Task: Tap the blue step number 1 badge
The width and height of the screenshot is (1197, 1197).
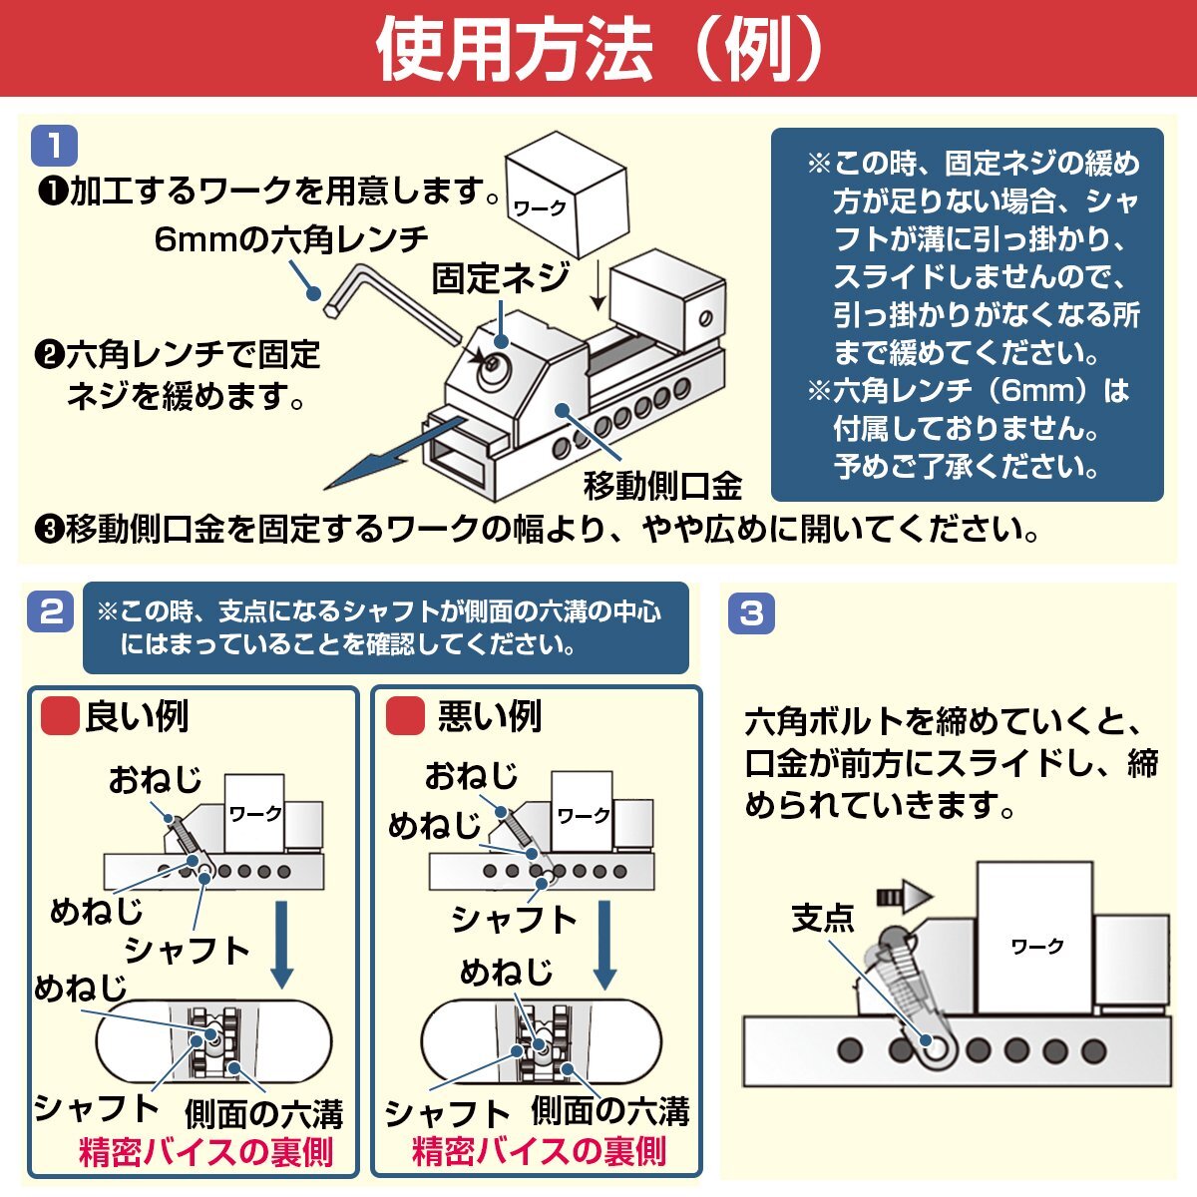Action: pos(54,147)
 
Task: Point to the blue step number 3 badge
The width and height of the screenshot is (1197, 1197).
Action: pos(751,612)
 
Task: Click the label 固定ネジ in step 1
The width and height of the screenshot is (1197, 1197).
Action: pos(500,278)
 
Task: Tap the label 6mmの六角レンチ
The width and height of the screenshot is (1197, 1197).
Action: pos(291,239)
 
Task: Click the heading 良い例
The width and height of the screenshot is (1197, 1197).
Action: pos(137,716)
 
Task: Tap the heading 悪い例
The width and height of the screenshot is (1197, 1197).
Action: pos(489,716)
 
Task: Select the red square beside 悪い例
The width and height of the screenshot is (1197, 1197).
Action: pos(405,715)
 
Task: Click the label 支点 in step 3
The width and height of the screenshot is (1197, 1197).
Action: pos(822,917)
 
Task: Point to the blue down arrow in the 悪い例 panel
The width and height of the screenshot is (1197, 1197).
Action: pos(604,944)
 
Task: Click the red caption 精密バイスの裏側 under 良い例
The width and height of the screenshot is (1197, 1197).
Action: pos(205,1153)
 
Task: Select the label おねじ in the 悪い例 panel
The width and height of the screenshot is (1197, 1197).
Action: pos(471,775)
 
